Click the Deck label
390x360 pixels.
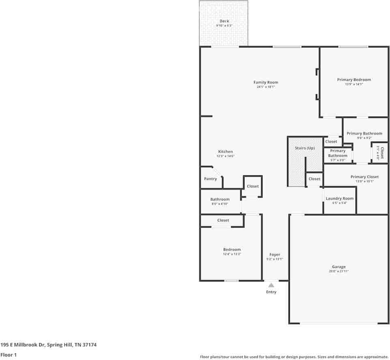click(x=224, y=21)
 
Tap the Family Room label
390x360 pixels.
click(x=266, y=83)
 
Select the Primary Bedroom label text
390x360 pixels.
click(x=354, y=80)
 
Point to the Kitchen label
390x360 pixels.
click(x=225, y=151)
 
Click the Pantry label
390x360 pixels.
click(x=210, y=179)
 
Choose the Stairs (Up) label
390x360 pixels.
click(x=304, y=148)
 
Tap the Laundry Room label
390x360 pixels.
click(x=340, y=198)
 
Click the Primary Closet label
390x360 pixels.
click(x=364, y=177)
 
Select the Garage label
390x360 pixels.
click(x=339, y=267)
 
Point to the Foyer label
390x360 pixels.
click(x=274, y=255)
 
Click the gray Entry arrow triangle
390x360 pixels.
click(x=271, y=285)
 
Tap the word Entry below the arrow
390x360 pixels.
click(x=271, y=292)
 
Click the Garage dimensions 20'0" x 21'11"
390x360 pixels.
click(x=339, y=271)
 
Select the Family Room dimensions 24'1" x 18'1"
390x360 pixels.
click(x=266, y=87)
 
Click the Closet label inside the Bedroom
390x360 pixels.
click(x=223, y=220)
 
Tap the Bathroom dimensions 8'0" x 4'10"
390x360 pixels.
click(x=220, y=204)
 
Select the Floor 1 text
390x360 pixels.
click(x=8, y=355)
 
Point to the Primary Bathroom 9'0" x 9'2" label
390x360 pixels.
click(x=364, y=138)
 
